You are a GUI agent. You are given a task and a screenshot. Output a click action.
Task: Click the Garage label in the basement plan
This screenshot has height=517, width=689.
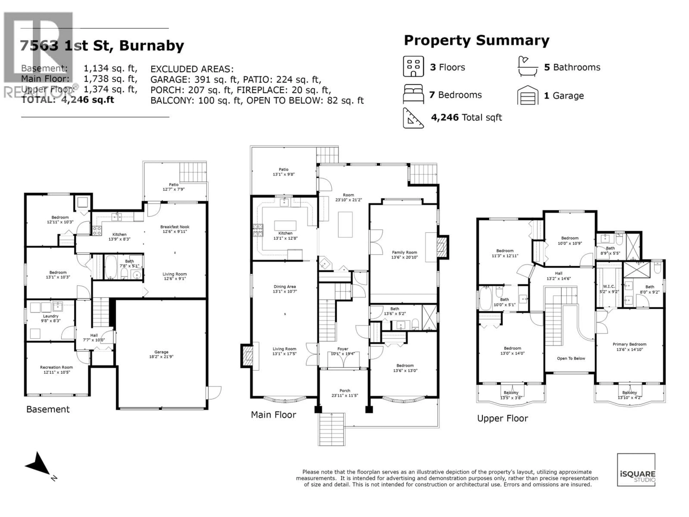point(161,352)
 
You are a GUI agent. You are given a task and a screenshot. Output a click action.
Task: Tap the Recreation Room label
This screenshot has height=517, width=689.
point(56,367)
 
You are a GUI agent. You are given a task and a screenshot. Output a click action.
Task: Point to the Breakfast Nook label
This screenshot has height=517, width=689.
point(175,227)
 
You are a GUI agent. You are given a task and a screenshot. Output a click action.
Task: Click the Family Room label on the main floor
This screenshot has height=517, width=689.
point(404,252)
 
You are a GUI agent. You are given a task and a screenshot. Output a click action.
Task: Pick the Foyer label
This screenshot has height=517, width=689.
point(343,349)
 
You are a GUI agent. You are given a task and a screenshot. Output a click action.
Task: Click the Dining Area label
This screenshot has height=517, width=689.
point(285,287)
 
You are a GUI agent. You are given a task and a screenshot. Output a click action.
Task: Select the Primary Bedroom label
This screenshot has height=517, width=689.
point(629,344)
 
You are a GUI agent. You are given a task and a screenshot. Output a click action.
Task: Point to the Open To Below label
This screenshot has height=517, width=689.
point(571,358)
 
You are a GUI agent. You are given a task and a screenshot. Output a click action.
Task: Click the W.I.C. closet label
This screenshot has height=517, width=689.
point(609,286)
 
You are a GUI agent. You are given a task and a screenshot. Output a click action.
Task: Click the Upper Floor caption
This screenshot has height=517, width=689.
point(502,418)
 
